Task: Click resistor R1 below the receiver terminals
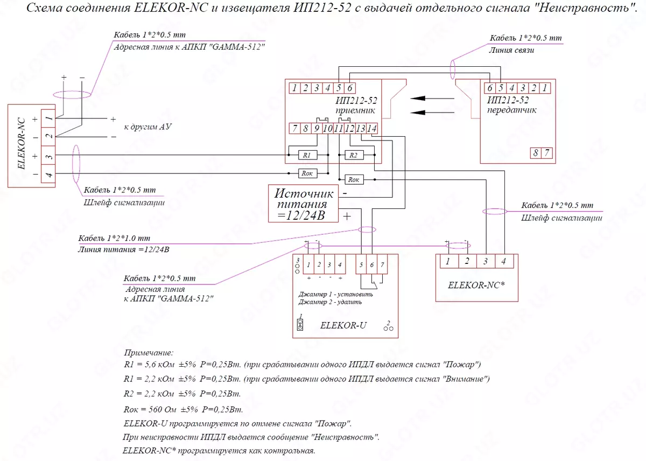(307, 155)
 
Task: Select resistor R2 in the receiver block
(353, 155)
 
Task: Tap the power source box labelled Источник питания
(303, 204)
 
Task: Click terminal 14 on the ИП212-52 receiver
(372, 128)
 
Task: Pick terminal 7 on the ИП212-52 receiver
(294, 128)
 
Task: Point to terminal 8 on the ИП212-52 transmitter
(536, 152)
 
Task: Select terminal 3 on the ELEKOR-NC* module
(485, 261)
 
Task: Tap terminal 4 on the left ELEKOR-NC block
(48, 174)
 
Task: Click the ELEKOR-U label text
(343, 325)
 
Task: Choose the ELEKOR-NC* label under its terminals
(476, 285)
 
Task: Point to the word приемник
(355, 110)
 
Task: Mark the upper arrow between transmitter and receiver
(431, 99)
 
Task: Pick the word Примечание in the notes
(149, 353)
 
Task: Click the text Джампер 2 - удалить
(333, 302)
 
